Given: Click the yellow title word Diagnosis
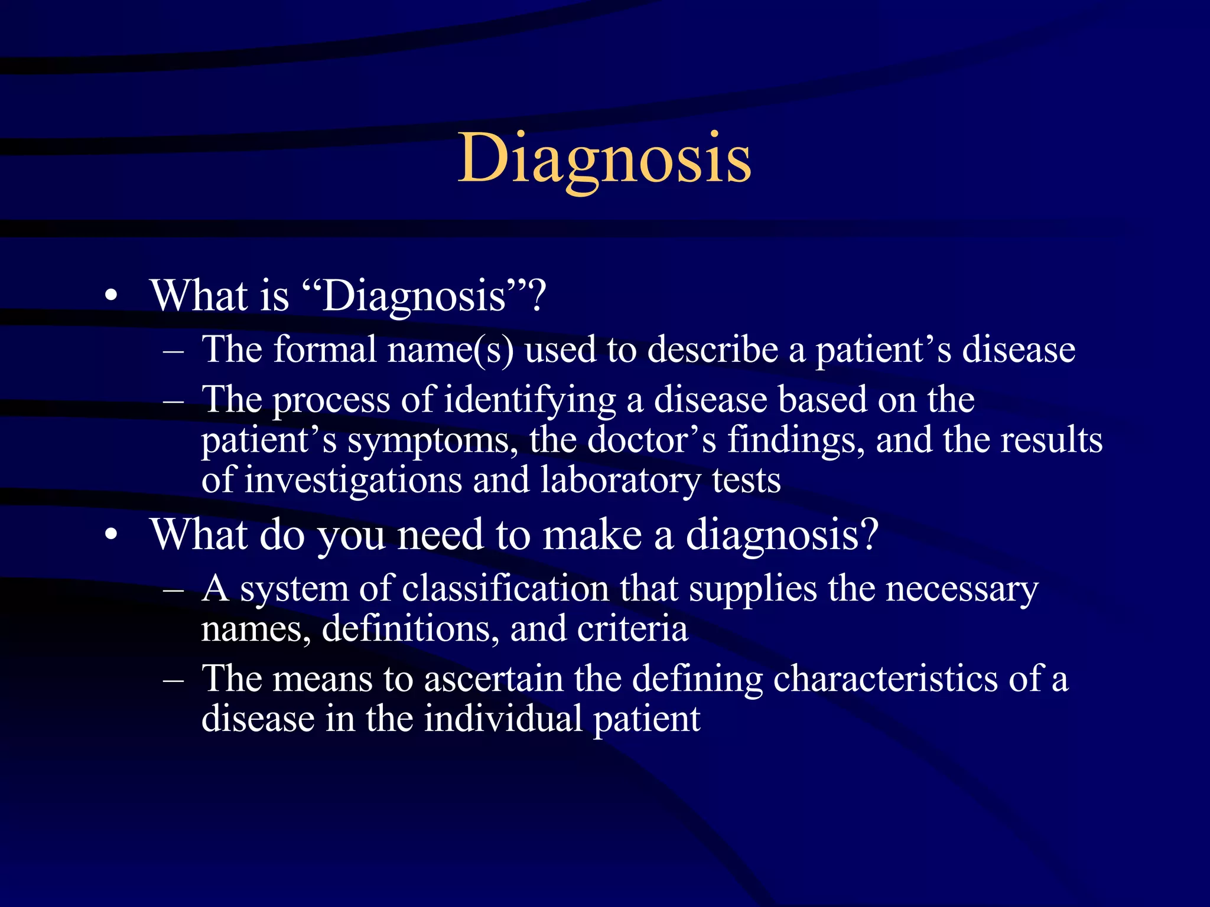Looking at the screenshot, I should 604,158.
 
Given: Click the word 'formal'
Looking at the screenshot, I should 325,350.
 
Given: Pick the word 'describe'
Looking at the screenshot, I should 713,350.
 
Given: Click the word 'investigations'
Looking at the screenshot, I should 353,480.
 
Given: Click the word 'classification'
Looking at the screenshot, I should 505,589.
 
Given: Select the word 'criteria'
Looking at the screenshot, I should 633,628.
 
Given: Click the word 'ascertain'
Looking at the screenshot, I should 493,678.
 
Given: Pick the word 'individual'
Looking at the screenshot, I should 503,719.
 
